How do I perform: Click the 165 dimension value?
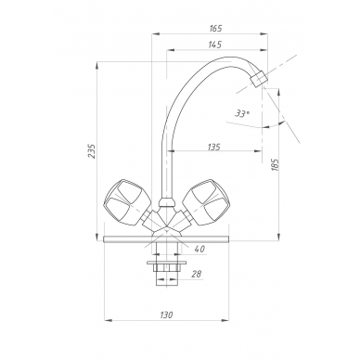(x=215, y=29)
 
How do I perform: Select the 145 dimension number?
(x=215, y=45)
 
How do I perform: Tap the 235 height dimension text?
(x=92, y=150)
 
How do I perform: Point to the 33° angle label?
(x=242, y=113)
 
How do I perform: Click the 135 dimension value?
(x=213, y=147)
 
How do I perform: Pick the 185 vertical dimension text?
(x=275, y=164)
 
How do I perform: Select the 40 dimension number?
(x=200, y=249)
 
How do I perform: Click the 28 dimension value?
(x=197, y=274)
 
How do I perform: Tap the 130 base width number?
(x=166, y=315)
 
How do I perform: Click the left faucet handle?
(x=126, y=201)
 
